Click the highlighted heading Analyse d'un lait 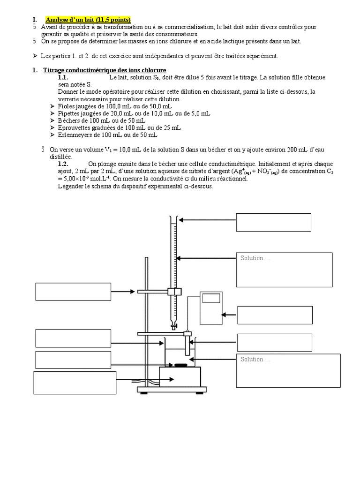tap(88, 20)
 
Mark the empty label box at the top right tap(273, 222)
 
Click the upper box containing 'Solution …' tap(284, 270)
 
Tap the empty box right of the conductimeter tap(275, 315)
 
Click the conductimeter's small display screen tap(211, 298)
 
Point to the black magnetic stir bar tap(179, 365)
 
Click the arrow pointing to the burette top tap(206, 219)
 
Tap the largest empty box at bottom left tap(75, 383)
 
